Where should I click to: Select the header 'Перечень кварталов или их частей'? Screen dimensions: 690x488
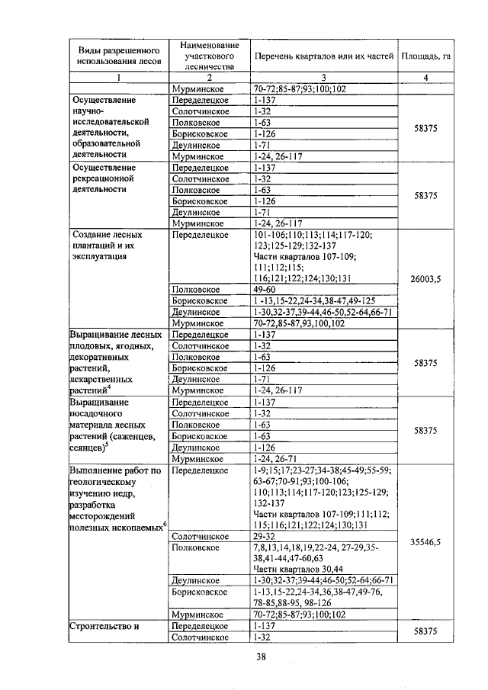[x=323, y=56]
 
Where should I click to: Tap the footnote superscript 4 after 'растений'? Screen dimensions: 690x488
[x=109, y=387]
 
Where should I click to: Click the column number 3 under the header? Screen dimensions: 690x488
[x=323, y=77]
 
